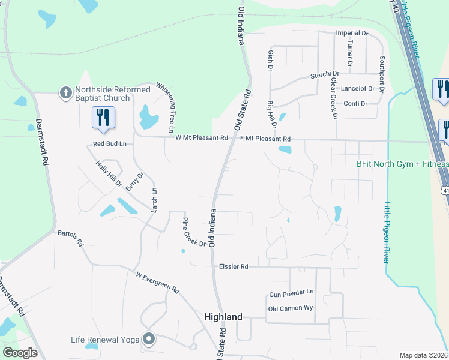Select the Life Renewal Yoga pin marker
[149, 340]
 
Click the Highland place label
[223, 317]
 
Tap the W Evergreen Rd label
[158, 283]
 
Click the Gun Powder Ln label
[291, 292]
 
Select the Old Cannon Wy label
[291, 308]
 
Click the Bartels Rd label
[70, 237]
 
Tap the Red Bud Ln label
[109, 144]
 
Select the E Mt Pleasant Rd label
[265, 138]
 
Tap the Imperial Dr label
[352, 33]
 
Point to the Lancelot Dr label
[358, 88]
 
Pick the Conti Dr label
[355, 104]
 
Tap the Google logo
[20, 353]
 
